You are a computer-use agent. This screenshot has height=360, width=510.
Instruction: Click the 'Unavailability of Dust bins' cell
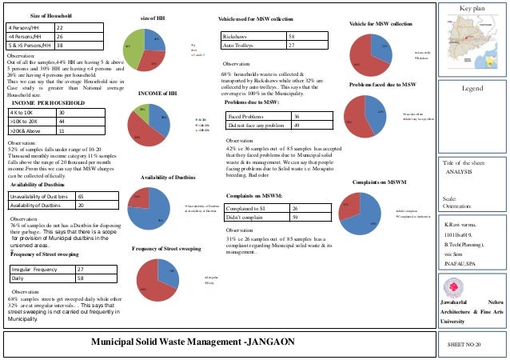point(38,195)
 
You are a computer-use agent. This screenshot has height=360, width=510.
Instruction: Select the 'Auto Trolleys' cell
point(239,46)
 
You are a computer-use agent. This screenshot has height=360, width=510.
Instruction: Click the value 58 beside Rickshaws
point(292,37)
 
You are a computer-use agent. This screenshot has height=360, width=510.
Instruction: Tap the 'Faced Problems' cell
point(248,116)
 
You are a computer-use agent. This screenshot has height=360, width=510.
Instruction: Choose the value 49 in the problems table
point(297,126)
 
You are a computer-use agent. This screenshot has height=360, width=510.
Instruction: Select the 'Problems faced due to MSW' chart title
point(383,84)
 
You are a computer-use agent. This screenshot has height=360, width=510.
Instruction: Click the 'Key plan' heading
point(473,7)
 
